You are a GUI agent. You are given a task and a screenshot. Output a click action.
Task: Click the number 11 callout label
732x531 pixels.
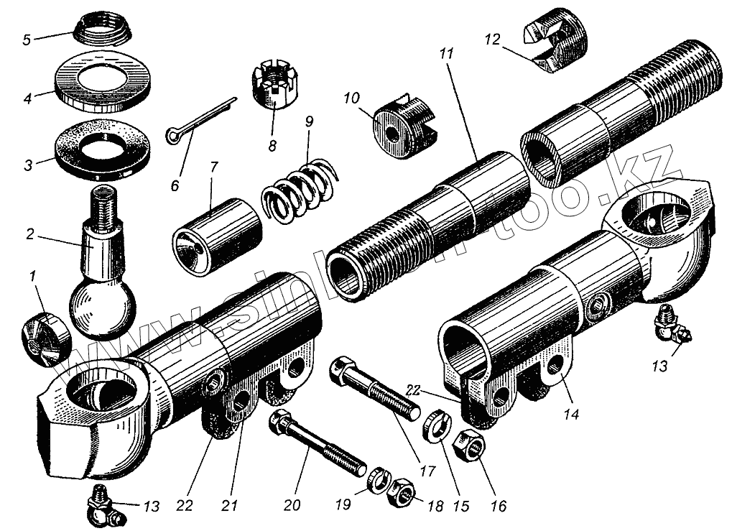click(448, 55)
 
